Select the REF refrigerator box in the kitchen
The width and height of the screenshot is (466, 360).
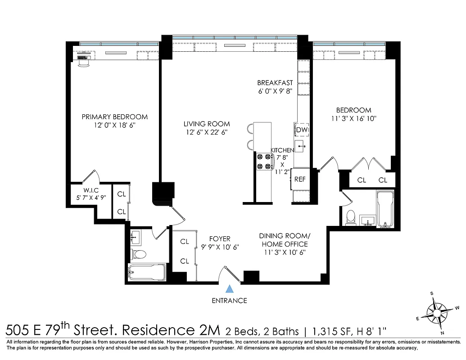pyautogui.click(x=299, y=179)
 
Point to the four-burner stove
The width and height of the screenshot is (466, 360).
pyautogui.click(x=264, y=162)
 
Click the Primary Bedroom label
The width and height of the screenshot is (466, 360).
pyautogui.click(x=114, y=117)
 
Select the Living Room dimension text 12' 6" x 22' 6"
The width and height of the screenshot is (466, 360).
pyautogui.click(x=206, y=132)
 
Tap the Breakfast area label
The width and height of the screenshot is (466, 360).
pyautogui.click(x=275, y=83)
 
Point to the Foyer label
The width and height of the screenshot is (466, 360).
pyautogui.click(x=220, y=239)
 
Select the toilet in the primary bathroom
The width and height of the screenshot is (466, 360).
pyautogui.click(x=139, y=254)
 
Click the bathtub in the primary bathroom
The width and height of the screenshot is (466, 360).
pyautogui.click(x=147, y=272)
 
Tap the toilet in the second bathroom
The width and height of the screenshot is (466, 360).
pyautogui.click(x=351, y=217)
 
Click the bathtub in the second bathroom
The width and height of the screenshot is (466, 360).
pyautogui.click(x=385, y=209)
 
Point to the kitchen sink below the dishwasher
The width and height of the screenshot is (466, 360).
pyautogui.click(x=301, y=146)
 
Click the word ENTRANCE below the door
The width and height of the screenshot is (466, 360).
pyautogui.click(x=229, y=301)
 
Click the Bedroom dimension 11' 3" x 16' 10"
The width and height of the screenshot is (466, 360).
pyautogui.click(x=353, y=119)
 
